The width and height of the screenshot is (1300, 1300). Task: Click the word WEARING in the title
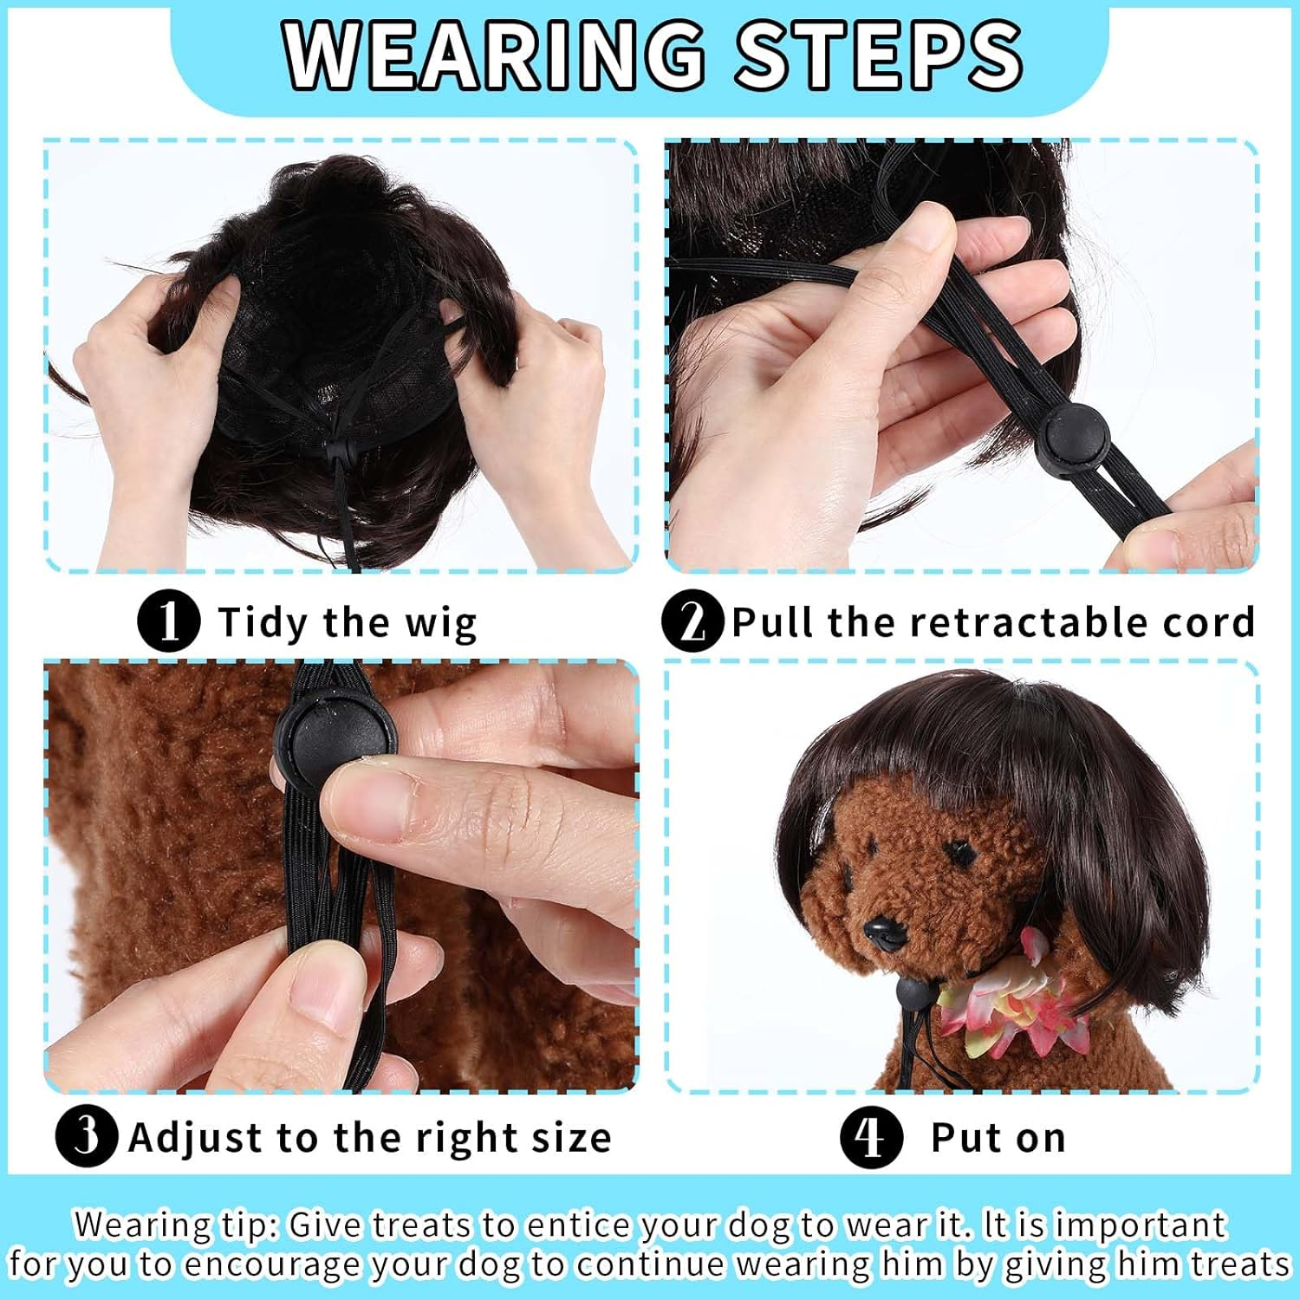(494, 55)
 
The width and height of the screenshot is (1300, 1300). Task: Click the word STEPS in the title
(878, 55)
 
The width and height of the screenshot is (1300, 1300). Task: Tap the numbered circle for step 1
(169, 621)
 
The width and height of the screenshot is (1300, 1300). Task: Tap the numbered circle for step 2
(692, 621)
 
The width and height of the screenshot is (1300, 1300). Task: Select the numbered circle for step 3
(87, 1136)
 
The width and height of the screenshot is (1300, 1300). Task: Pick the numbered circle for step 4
(871, 1136)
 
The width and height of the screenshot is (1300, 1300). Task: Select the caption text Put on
(998, 1137)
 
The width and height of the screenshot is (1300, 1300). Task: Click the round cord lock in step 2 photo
(1073, 432)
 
